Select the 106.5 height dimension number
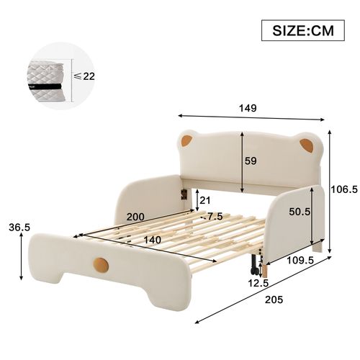(343, 190)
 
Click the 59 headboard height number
(251, 162)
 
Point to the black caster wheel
(253, 268)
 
